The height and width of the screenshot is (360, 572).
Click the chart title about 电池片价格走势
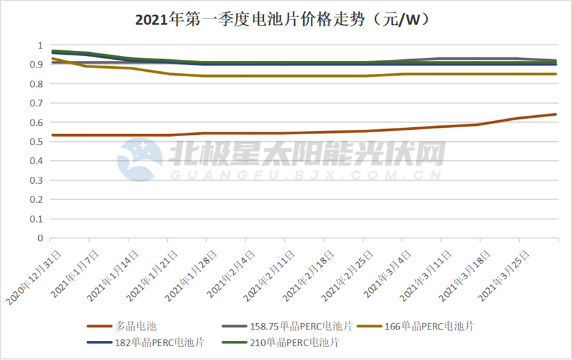pyautogui.click(x=286, y=20)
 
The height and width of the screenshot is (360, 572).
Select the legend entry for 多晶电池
pyautogui.click(x=137, y=326)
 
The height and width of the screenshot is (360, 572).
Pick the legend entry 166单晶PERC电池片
pyautogui.click(x=430, y=326)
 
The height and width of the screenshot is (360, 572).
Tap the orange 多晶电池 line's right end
pyautogui.click(x=556, y=114)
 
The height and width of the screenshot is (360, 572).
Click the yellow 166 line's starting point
pyautogui.click(x=51, y=59)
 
